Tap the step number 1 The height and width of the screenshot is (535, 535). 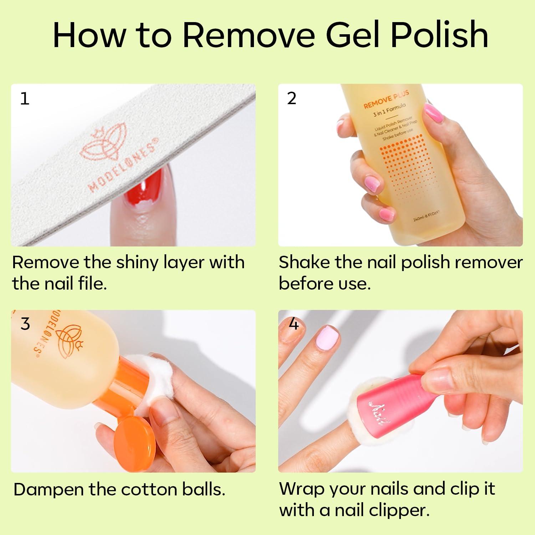point(25,98)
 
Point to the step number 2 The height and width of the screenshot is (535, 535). point(291,98)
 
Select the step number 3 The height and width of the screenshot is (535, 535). point(25,324)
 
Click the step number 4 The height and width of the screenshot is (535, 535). point(293,324)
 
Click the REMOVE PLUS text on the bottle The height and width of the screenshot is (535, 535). point(386,101)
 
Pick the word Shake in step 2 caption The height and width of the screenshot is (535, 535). point(304,263)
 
